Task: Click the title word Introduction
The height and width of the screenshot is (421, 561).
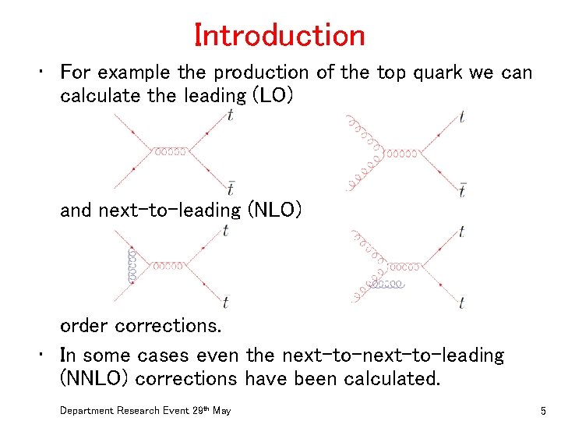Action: point(280,35)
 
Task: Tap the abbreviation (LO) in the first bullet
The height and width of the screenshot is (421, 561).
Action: point(269,96)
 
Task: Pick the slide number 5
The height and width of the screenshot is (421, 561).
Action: point(542,410)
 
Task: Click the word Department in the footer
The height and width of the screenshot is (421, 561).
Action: point(87,410)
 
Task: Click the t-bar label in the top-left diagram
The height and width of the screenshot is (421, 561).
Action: point(231,187)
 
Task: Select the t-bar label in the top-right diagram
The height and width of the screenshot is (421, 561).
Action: point(462,189)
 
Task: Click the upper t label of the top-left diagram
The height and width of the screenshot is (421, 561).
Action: point(231,115)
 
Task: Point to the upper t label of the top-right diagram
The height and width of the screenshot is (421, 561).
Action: point(463,117)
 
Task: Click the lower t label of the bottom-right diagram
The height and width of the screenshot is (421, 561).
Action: point(462,302)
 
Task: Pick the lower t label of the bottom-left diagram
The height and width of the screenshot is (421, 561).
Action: point(226,302)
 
